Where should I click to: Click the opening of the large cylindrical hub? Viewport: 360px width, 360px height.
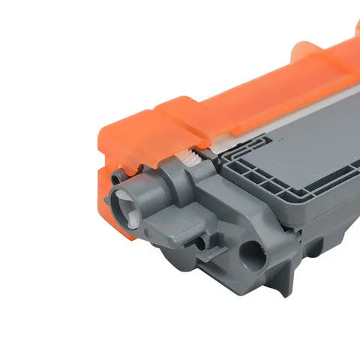coord(124,203)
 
